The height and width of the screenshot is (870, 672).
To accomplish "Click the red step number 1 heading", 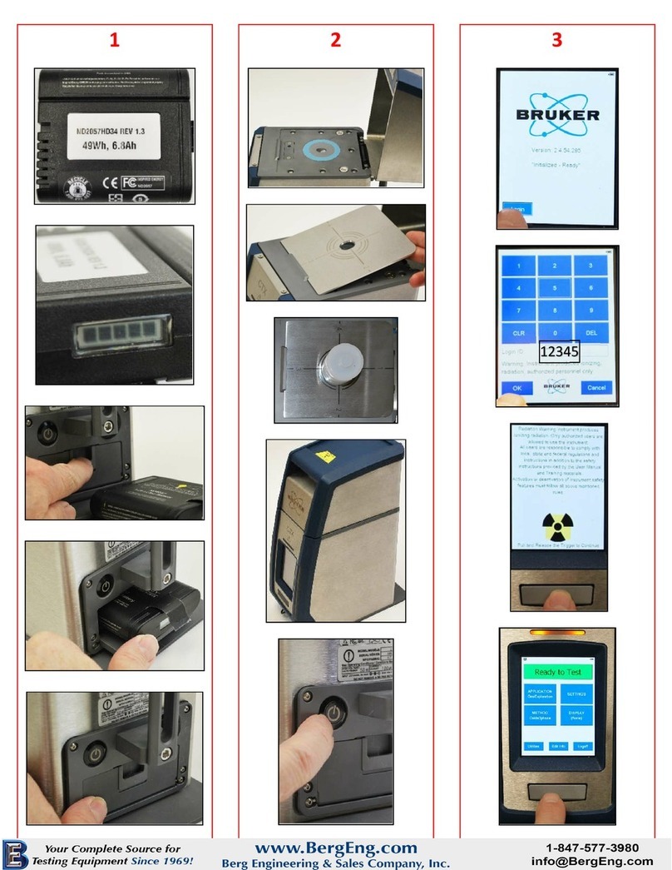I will (116, 39).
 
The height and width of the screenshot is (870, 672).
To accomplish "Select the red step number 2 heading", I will (335, 39).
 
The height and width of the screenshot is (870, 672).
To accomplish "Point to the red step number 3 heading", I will (556, 39).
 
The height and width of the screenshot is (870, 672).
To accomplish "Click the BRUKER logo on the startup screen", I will (556, 114).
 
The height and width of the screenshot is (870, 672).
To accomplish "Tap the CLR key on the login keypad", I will (518, 332).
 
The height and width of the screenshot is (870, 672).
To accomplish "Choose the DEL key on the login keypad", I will (591, 332).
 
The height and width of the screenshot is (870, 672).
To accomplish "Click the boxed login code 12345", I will (558, 352).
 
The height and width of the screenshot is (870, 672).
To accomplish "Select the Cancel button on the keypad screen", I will (595, 387).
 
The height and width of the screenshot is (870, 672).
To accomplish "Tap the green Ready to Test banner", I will (557, 672).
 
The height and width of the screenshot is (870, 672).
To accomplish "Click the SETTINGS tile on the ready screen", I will (576, 694).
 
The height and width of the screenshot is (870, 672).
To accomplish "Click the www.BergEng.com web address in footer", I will (335, 848).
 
